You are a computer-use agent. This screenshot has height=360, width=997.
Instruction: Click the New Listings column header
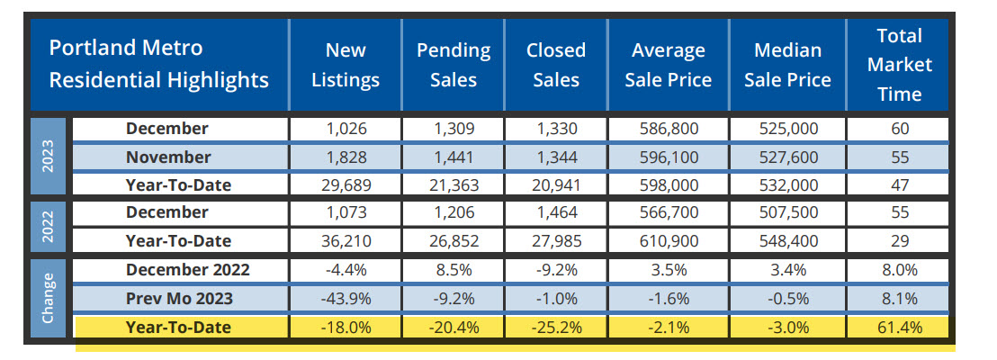tap(346, 65)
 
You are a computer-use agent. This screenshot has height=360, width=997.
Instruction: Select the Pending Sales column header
tap(453, 65)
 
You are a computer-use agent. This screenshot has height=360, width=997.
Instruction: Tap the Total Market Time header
tap(899, 65)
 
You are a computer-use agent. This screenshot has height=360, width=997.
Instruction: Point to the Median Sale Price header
tap(788, 65)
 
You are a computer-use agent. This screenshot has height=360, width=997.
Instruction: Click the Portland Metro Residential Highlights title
tap(158, 64)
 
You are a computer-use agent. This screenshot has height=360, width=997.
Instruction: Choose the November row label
tap(168, 157)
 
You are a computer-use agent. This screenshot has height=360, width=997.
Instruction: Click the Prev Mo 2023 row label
tap(168, 299)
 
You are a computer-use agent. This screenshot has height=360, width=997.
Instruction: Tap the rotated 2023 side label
tap(49, 157)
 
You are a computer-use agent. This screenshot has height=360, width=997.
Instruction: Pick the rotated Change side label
tap(49, 298)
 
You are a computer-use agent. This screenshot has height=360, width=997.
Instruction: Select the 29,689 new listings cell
tap(346, 185)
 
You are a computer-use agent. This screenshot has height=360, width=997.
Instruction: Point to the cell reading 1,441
tap(453, 157)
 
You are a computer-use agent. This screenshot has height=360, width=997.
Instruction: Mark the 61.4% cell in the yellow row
tap(899, 328)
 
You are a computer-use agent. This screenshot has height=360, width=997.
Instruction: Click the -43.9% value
tap(346, 299)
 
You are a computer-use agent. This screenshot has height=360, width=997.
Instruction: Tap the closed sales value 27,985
tap(555, 241)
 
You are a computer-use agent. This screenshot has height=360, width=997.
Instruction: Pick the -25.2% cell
tap(555, 328)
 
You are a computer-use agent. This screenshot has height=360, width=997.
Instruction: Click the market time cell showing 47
tap(899, 185)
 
